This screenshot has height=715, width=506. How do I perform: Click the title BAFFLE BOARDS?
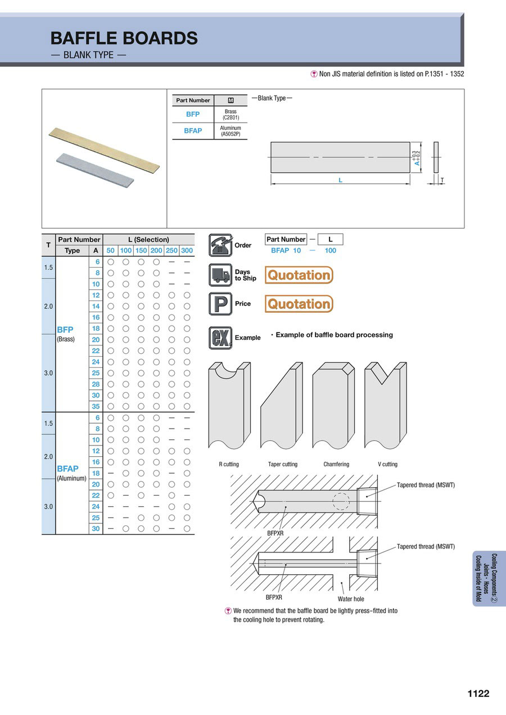tap(124, 38)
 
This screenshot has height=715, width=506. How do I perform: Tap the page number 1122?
tap(478, 694)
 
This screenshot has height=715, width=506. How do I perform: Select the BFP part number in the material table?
tap(193, 114)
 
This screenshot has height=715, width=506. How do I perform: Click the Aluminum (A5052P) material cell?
tap(231, 131)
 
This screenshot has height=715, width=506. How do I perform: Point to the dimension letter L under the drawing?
tap(341, 180)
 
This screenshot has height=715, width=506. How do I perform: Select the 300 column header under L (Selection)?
tap(187, 250)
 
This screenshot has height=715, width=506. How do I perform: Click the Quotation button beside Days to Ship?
tap(299, 275)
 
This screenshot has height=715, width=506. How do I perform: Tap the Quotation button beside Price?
tap(299, 304)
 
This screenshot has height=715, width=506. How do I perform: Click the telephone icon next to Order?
tap(220, 245)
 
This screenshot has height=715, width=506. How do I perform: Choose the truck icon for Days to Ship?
tap(220, 275)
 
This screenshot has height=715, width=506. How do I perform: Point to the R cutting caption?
tap(229, 464)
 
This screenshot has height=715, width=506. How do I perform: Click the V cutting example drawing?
tap(386, 405)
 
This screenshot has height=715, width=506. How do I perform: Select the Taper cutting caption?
tap(283, 464)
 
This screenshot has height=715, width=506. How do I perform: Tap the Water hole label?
tap(351, 599)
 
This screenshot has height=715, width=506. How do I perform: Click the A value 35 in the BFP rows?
tap(96, 406)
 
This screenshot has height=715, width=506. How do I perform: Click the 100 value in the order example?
tap(330, 250)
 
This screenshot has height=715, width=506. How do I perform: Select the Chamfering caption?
tap(336, 464)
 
